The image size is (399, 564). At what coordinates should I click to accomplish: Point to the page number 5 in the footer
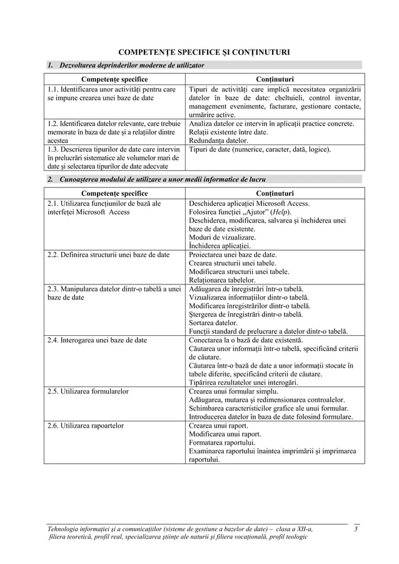coord(356,530)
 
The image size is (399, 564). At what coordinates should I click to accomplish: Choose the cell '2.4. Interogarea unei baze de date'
coord(98,340)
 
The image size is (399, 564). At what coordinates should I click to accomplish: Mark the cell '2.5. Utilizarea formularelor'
coord(88,391)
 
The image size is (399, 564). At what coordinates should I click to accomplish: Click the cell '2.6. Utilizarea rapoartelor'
coord(86,426)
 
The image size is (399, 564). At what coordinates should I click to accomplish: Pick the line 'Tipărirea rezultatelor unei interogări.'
coord(243,383)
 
